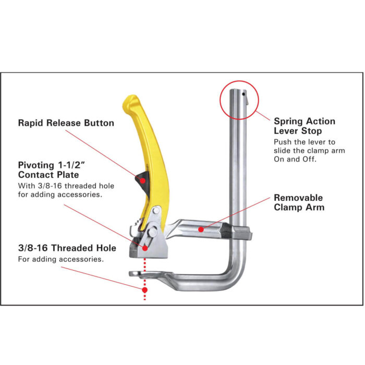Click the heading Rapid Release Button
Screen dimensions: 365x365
click(x=66, y=124)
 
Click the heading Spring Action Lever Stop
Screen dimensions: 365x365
click(x=305, y=126)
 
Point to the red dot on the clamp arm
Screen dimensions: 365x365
click(x=200, y=228)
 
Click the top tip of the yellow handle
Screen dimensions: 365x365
click(x=130, y=99)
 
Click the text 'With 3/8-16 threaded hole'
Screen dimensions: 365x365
click(x=66, y=186)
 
